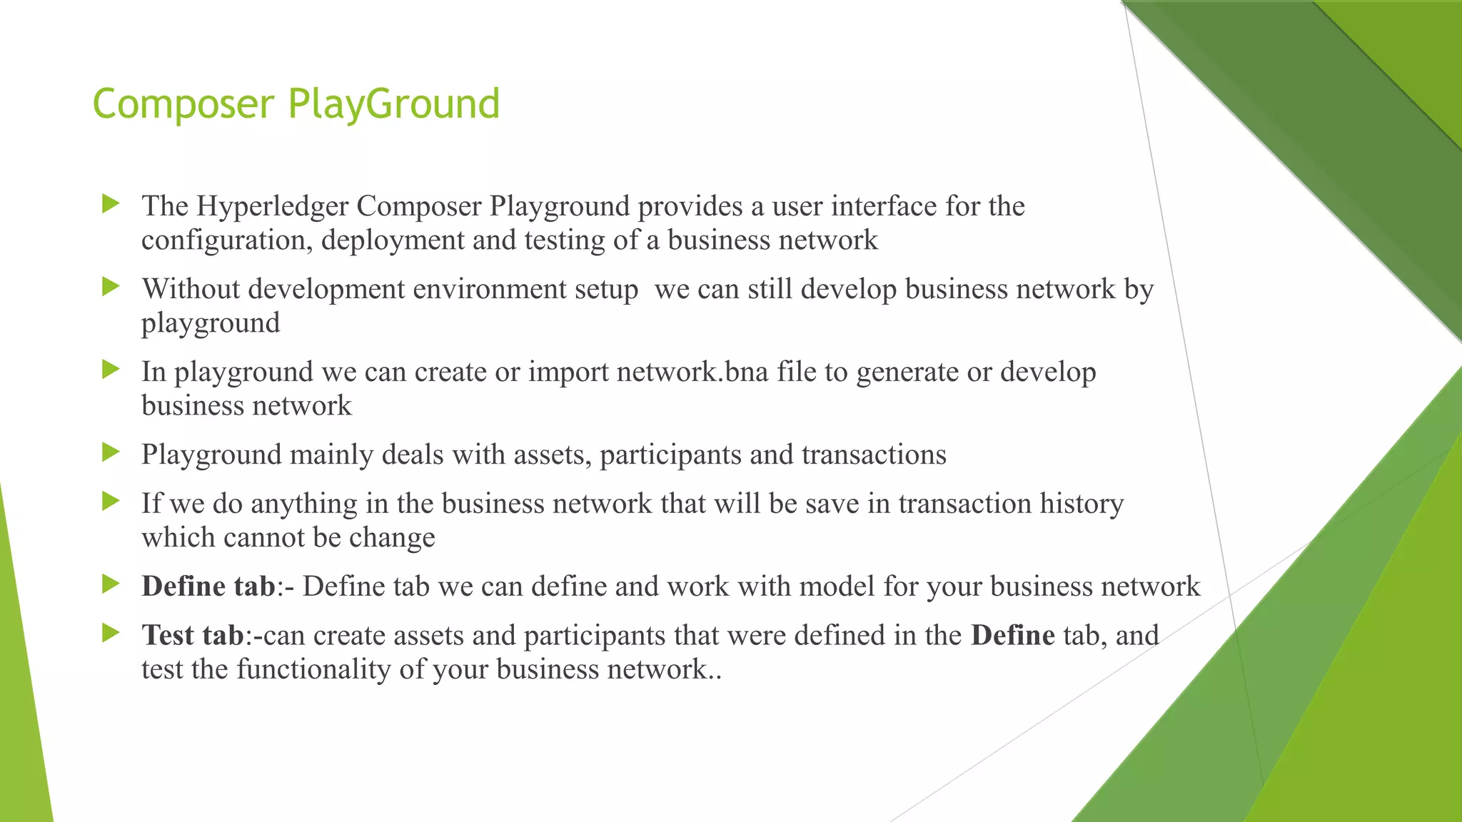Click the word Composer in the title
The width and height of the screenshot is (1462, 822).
click(x=183, y=104)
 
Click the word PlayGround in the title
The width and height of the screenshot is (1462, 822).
click(x=394, y=104)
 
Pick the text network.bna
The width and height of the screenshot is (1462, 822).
click(x=692, y=372)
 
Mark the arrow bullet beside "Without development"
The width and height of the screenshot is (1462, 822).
click(x=111, y=287)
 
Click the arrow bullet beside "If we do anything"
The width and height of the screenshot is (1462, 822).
click(x=111, y=502)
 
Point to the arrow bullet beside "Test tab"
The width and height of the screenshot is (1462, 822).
click(x=111, y=633)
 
